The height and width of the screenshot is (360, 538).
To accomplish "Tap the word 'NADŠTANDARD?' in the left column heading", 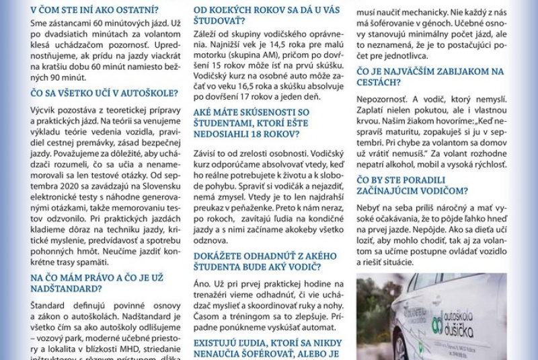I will (x=66, y=289).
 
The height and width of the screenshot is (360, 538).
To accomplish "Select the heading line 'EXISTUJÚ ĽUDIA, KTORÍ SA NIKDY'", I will (x=268, y=343).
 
